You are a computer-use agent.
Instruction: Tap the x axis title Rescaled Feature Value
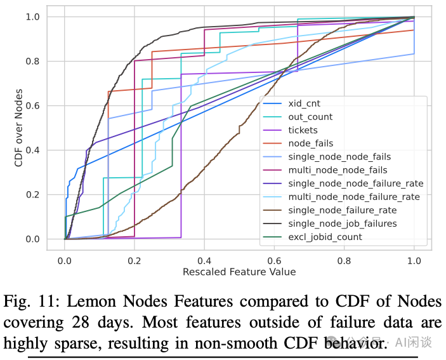[239, 272]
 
